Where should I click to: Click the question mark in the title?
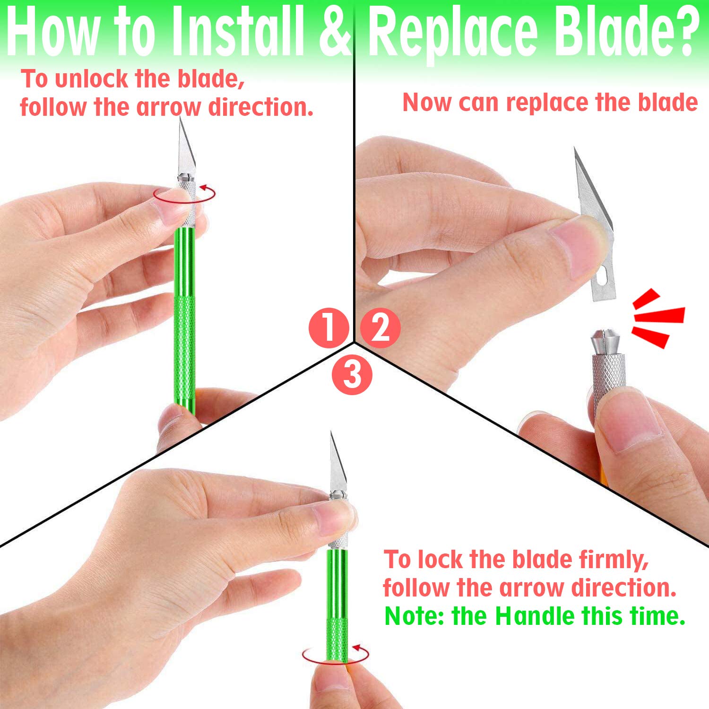[x=686, y=29]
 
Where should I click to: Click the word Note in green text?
[x=411, y=616]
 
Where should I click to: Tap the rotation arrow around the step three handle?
[x=336, y=655]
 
